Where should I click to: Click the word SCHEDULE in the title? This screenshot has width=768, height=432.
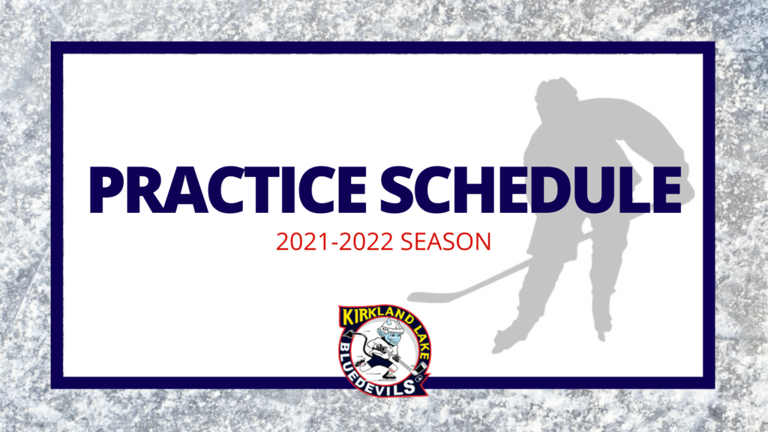531,190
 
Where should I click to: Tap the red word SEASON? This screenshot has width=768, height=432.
445,242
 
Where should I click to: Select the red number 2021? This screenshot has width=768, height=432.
304,242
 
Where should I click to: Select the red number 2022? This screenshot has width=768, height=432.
366,242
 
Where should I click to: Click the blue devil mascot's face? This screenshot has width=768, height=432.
391,337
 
